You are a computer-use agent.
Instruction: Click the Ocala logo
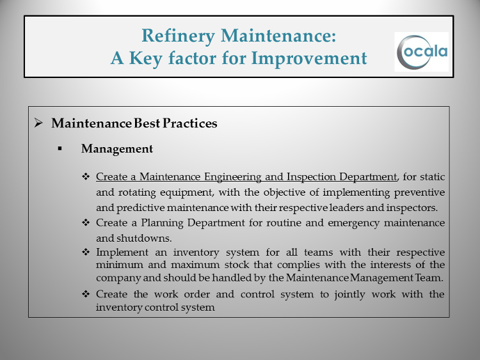(422, 52)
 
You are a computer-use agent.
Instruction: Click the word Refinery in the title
(178, 36)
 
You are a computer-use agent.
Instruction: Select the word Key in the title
(146, 58)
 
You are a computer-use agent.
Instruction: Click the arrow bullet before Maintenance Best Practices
(38, 123)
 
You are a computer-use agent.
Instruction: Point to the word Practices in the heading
(190, 123)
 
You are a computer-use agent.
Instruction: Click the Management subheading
(117, 149)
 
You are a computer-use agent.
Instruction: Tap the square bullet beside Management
(60, 149)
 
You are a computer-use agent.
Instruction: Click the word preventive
(419, 192)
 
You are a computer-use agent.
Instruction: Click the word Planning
(163, 223)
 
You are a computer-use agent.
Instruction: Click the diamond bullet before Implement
(86, 252)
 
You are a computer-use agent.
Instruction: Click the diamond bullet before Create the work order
(86, 294)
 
